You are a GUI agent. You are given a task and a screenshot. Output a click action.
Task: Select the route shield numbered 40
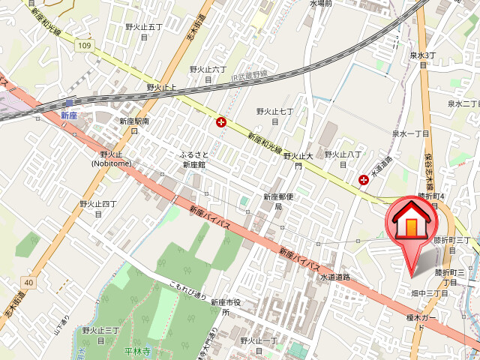(x=28, y=282)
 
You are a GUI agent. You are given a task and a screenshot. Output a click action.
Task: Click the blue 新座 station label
(x=70, y=115)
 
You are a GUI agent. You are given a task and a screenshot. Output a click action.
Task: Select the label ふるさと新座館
(x=193, y=159)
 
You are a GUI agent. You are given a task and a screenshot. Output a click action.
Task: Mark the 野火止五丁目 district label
(x=144, y=32)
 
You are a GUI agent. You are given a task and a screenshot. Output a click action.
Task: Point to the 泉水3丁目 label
(x=423, y=60)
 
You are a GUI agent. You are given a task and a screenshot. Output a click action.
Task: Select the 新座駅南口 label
(x=134, y=124)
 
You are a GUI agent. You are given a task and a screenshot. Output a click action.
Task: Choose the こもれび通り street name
(x=187, y=290)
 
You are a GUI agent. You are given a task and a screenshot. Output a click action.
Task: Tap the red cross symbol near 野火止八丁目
(x=364, y=179)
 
